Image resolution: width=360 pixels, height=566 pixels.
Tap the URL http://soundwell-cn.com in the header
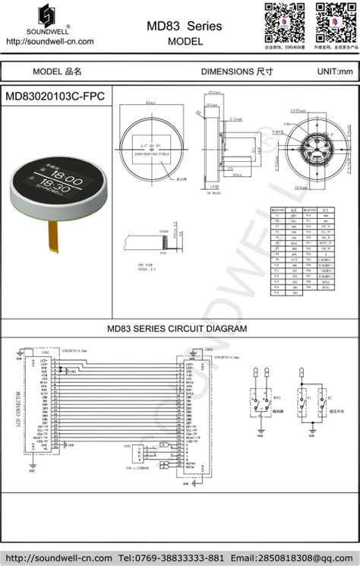49,42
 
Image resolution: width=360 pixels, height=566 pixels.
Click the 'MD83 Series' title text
185,26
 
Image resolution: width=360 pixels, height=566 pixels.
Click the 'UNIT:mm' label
335,71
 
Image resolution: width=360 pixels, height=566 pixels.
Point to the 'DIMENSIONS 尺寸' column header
236,71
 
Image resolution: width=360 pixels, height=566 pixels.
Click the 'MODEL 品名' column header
57,71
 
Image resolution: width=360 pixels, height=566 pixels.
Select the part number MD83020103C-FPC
55,96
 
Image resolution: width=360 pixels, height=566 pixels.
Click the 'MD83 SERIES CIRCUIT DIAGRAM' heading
177,329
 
